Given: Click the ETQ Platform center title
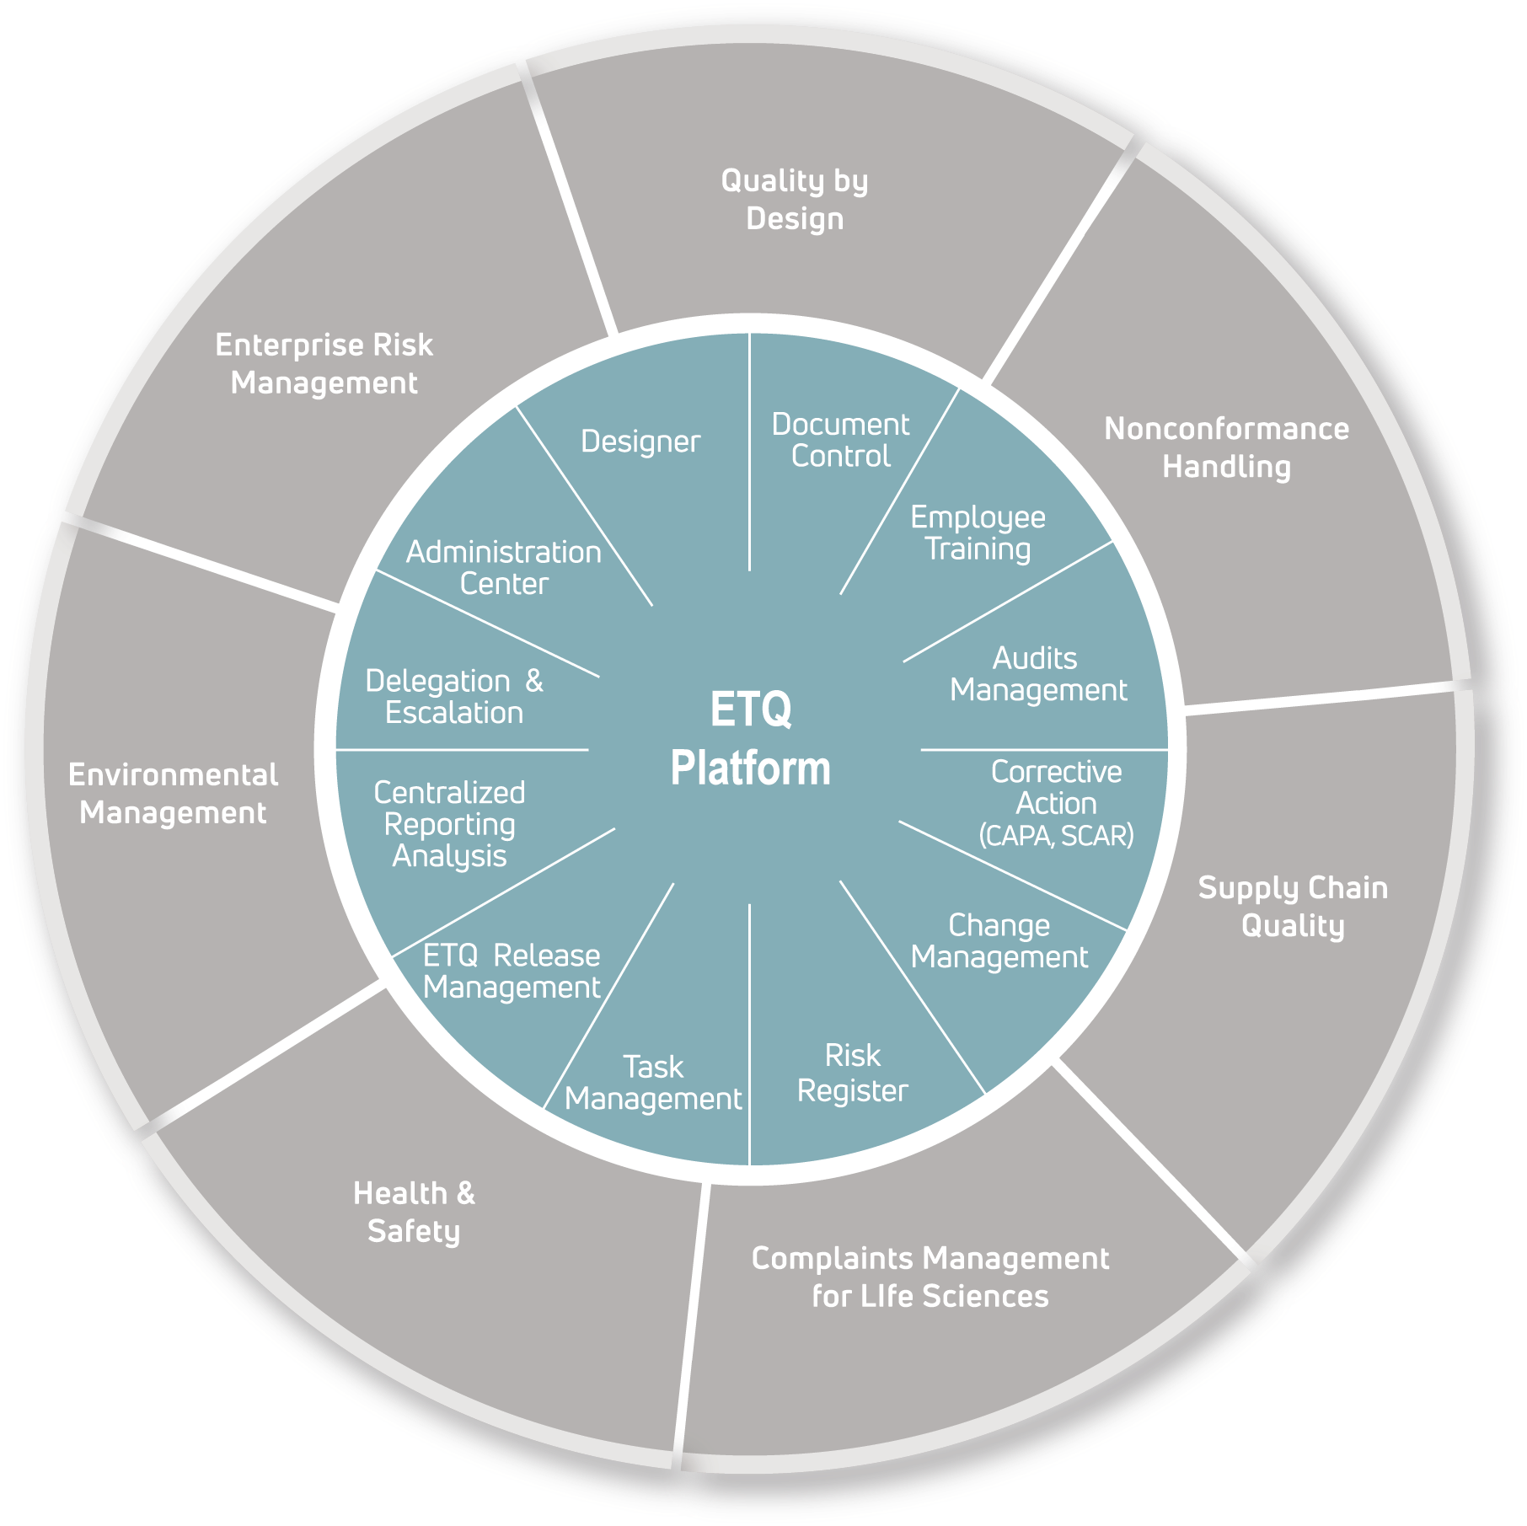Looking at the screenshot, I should (750, 739).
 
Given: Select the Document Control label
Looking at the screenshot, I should (840, 440).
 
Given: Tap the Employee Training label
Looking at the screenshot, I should (978, 533).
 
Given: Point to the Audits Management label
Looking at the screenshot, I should (1037, 674).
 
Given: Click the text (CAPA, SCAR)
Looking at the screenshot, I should (1056, 836).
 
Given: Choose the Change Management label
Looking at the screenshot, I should (999, 941).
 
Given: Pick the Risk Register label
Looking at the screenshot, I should (852, 1073).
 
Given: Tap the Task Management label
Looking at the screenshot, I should (653, 1083).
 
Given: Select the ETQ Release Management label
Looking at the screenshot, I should (512, 971).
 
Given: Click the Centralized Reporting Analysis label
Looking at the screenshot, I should (449, 824).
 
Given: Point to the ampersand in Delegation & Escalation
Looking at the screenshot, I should (534, 681).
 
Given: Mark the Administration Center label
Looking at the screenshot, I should (504, 568).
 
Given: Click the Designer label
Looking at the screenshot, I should (640, 442).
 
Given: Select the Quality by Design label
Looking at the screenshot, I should (795, 200).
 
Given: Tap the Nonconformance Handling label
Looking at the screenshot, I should (1226, 447).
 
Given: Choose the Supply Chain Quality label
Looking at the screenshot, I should (1293, 907).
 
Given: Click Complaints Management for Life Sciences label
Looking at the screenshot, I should (930, 1277).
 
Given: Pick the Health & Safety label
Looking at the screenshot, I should (414, 1212).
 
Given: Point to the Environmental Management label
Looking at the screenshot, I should (173, 794).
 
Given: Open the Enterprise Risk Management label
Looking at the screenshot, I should (324, 363).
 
